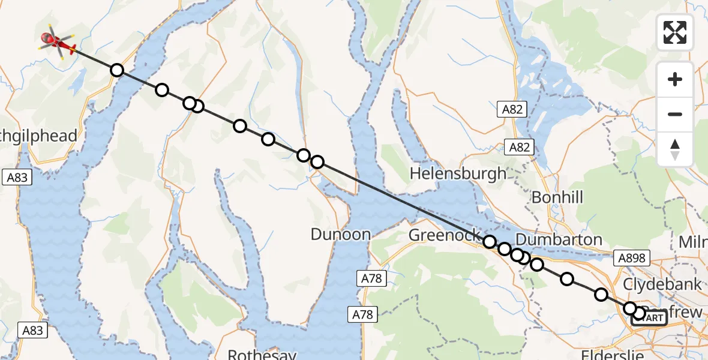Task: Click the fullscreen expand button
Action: point(675,32)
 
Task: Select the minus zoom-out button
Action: point(675,114)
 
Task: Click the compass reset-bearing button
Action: point(675,149)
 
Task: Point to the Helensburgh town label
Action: point(458,174)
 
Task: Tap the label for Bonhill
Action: point(557,197)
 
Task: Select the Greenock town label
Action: point(445,235)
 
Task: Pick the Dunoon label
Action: point(340,234)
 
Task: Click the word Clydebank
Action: point(662,284)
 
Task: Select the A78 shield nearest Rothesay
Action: point(363,314)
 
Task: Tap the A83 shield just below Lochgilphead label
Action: point(18,177)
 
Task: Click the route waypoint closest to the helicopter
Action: point(117,70)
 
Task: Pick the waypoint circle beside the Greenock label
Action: point(490,242)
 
